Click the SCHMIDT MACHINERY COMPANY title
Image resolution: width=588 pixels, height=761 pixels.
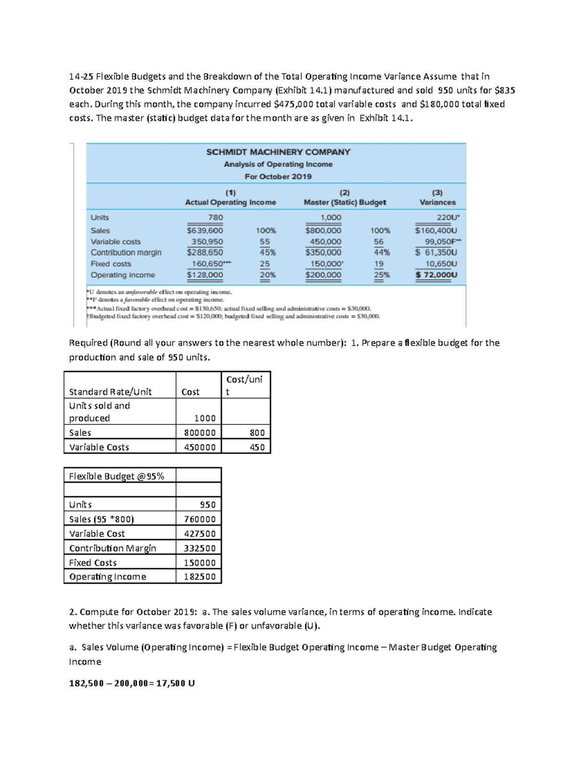278,152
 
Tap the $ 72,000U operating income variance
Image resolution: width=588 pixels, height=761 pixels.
436,275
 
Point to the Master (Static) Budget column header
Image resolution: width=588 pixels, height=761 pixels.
344,202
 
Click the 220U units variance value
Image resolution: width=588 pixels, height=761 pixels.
448,218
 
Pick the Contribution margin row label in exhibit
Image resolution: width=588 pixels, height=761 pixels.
126,252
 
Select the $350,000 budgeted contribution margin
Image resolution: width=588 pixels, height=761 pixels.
323,252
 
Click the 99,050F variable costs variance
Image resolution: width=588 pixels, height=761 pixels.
442,242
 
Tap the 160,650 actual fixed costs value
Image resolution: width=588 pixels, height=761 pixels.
209,264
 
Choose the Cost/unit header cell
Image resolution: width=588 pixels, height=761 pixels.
245,385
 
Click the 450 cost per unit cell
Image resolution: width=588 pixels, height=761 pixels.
257,447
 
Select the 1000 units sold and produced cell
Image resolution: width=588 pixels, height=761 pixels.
205,418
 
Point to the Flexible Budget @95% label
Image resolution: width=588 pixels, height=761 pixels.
117,476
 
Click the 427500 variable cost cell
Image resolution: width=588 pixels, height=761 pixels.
200,534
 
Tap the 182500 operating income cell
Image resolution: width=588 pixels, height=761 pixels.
200,577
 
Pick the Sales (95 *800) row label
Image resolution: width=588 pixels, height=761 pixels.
101,519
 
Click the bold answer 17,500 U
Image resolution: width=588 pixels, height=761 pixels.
175,683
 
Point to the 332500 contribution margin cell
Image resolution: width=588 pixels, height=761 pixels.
200,548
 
